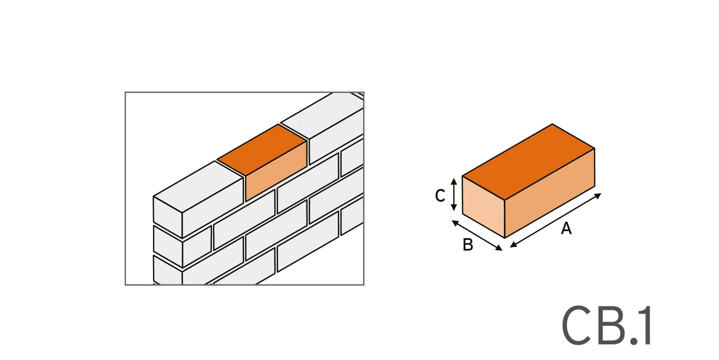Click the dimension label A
click(x=566, y=228)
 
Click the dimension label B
click(x=467, y=245)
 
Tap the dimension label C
click(x=440, y=195)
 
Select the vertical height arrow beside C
click(x=454, y=194)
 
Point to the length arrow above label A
click(x=555, y=220)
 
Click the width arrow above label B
click(x=477, y=235)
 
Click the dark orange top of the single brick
click(x=528, y=161)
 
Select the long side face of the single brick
click(x=550, y=193)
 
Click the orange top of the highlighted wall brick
click(x=262, y=150)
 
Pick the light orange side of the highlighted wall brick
click(x=276, y=171)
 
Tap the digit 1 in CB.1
click(x=645, y=325)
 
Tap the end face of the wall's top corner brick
click(x=167, y=217)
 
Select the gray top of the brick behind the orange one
click(x=322, y=115)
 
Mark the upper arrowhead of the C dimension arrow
click(x=454, y=181)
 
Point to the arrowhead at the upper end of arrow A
click(x=598, y=195)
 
